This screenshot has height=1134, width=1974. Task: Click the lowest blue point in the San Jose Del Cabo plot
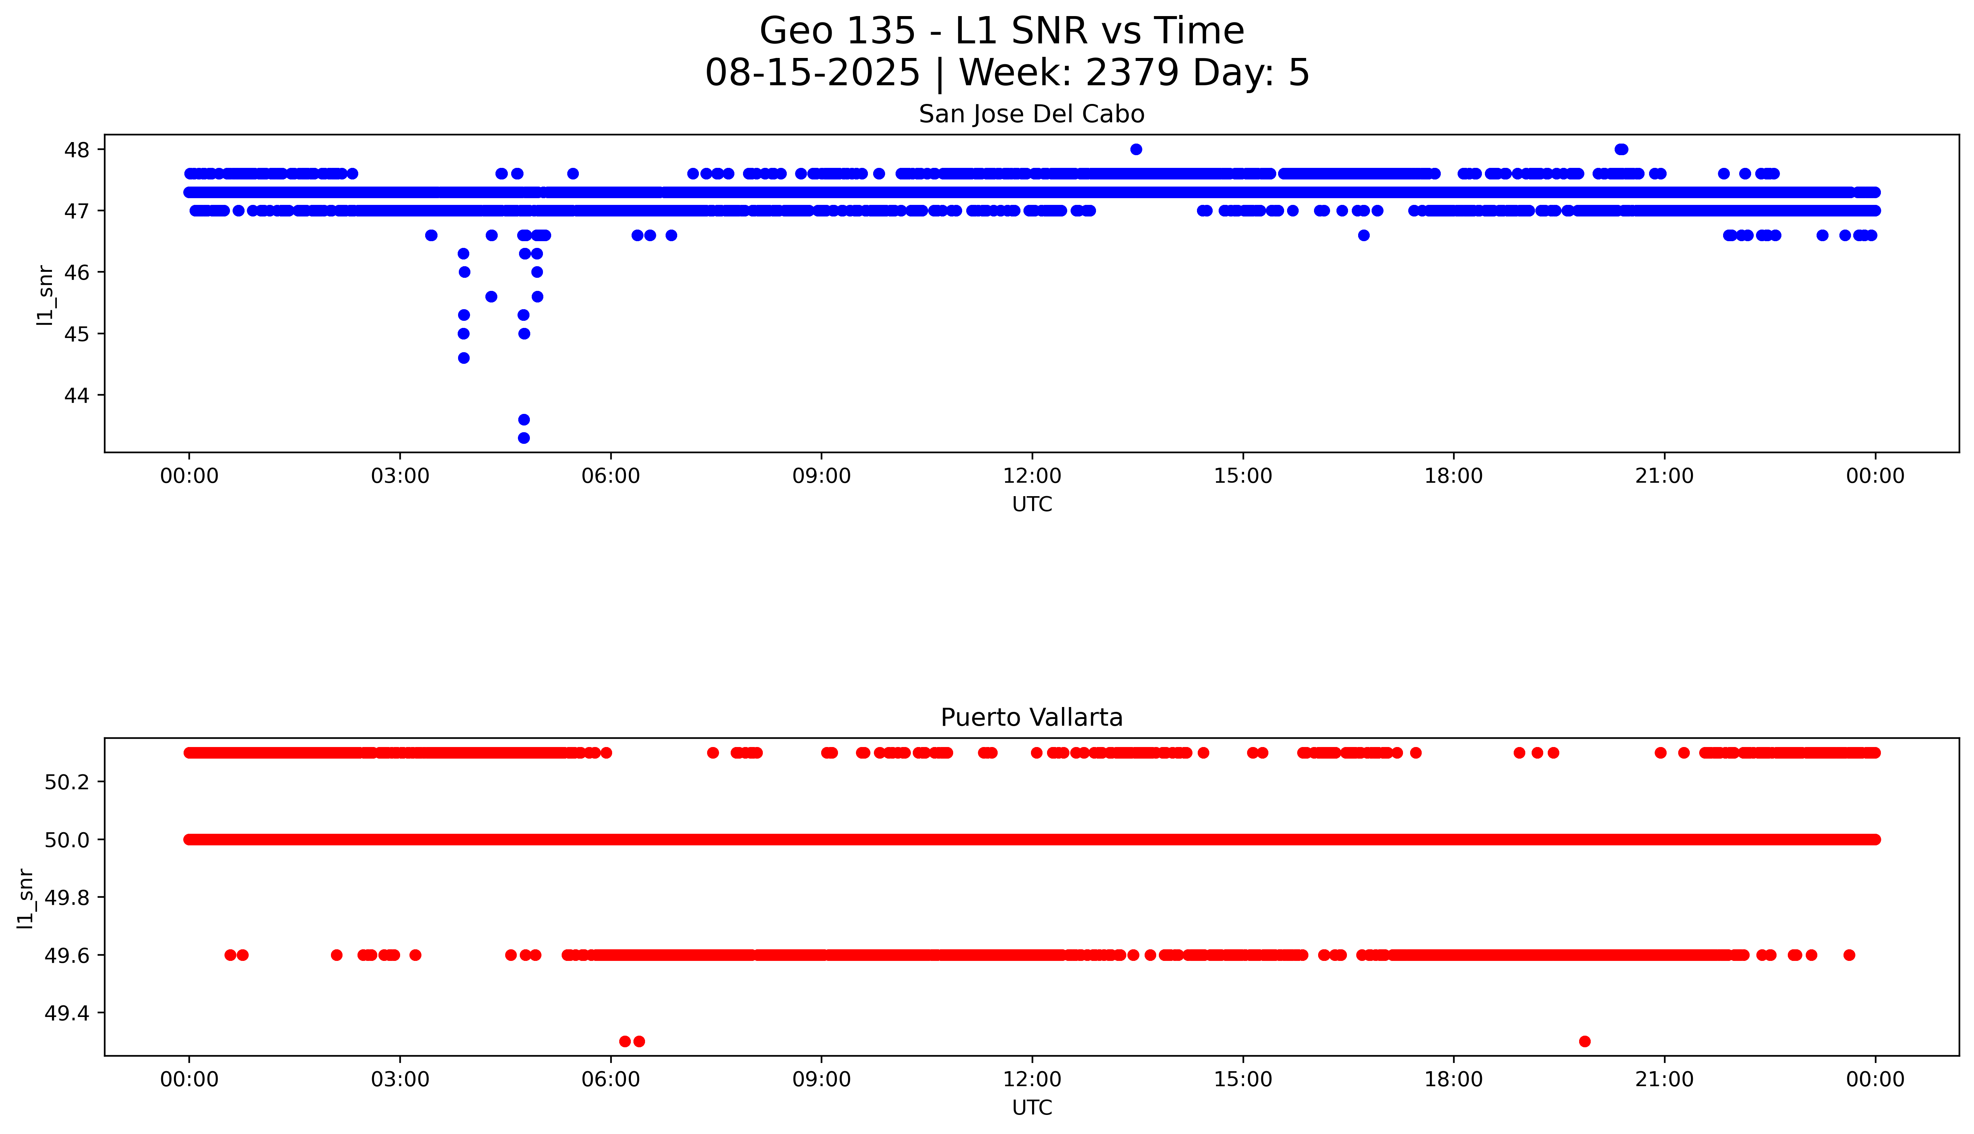524,438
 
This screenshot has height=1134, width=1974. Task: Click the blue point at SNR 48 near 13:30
1136,150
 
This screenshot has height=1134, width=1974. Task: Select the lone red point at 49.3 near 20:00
1585,1041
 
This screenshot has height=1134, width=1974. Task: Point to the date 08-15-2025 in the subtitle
812,73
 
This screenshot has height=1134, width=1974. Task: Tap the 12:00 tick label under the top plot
1032,476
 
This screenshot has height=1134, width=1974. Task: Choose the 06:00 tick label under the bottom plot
611,1079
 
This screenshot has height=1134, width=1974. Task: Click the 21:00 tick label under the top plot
1664,476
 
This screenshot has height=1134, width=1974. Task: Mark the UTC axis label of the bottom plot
1032,1107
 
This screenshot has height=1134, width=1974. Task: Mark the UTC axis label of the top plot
1032,505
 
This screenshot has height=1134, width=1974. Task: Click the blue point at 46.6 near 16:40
1363,235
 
